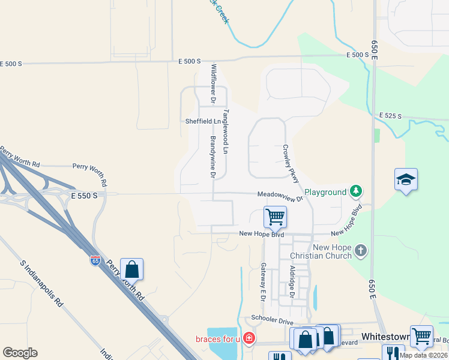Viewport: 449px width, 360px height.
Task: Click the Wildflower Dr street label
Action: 212,82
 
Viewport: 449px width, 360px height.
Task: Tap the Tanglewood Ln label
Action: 226,131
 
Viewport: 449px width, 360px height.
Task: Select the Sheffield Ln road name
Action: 203,121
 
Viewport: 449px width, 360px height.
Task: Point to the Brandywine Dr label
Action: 212,157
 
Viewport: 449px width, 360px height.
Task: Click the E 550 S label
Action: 83,196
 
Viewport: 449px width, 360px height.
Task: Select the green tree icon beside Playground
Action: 357,191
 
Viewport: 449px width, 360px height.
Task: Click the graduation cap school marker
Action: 406,179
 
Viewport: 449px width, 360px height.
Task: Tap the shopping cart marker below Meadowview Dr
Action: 276,217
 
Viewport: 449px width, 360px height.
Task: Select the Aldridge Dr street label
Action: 292,282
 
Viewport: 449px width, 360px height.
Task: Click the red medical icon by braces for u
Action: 249,338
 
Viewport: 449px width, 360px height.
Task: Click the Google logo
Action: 20,353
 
